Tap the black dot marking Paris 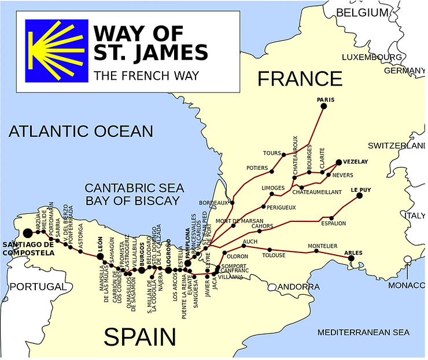tap(323, 106)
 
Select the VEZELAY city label tap(355, 163)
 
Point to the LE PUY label tap(360, 190)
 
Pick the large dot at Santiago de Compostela tap(27, 233)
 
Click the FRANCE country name tap(300, 78)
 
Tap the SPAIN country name tap(139, 336)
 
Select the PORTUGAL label tap(38, 287)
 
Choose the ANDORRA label tap(298, 287)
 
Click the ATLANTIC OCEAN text tap(81, 132)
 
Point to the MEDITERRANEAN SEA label tap(363, 332)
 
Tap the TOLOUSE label tap(273, 255)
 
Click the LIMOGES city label tap(273, 188)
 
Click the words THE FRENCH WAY tap(146, 75)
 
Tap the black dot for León tap(100, 256)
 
